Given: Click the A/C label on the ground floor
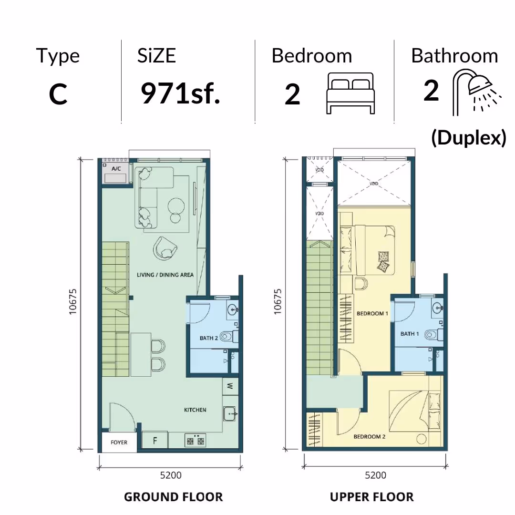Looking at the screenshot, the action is [116, 169].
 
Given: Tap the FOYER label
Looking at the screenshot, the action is [119, 443].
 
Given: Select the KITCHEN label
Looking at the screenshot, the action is [195, 410].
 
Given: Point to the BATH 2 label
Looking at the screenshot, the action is [208, 338].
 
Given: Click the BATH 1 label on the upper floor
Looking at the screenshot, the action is [410, 334].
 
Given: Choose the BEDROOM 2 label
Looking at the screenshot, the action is [370, 436].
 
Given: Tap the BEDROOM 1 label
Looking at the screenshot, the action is [372, 313].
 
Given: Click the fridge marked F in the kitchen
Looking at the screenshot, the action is [155, 441].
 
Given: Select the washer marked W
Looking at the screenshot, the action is [230, 386].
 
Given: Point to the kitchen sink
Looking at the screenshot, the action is [230, 414].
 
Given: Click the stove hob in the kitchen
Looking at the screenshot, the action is [196, 441].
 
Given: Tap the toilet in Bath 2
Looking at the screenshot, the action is [228, 336].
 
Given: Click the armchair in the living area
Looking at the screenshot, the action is [165, 248].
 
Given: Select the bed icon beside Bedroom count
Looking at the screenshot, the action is [350, 93].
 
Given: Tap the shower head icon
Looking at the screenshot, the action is [476, 91].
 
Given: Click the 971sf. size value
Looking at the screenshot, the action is [180, 93].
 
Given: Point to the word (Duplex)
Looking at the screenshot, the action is [469, 137].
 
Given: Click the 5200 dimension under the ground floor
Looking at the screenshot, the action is [171, 475].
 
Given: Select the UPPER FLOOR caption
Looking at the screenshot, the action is [372, 497].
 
